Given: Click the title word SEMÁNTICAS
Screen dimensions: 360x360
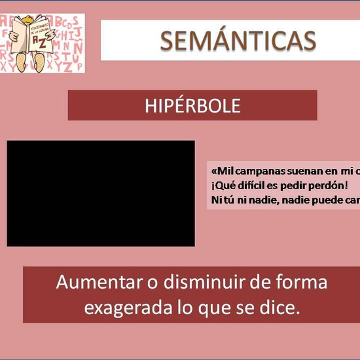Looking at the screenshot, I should tap(238, 41).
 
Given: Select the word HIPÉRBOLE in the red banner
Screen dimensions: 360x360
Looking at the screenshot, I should tap(192, 105).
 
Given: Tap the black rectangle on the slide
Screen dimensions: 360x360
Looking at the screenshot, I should tap(101, 193).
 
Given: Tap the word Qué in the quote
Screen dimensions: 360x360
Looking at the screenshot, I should tap(222, 184).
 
